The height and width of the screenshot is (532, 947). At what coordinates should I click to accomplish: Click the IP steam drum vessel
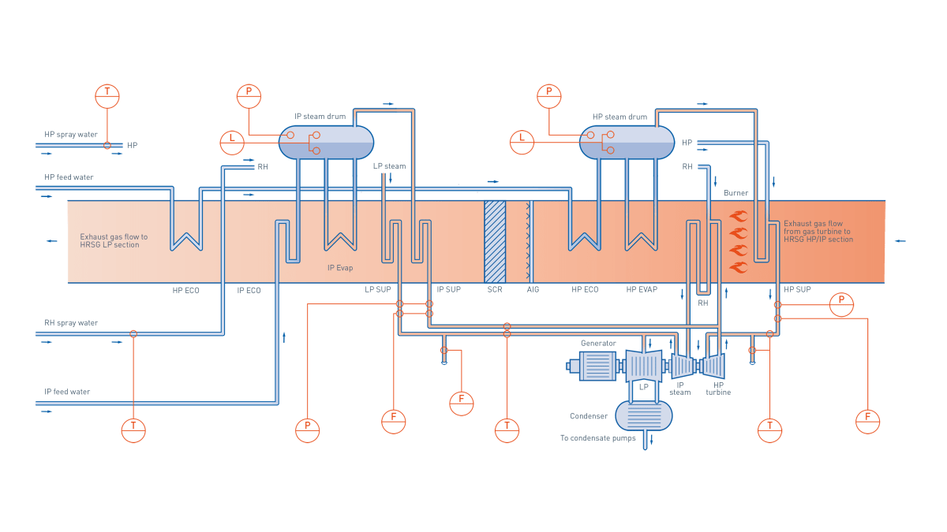[326, 143]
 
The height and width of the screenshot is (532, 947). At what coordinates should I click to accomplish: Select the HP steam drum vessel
[627, 143]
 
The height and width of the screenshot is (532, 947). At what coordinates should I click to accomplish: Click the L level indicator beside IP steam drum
[232, 142]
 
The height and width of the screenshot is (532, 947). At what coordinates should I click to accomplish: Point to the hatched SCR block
[495, 241]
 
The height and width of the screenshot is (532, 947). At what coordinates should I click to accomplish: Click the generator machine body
[597, 366]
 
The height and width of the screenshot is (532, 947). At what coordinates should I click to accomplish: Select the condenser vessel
[643, 415]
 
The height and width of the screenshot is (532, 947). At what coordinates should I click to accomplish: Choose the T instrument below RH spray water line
[133, 430]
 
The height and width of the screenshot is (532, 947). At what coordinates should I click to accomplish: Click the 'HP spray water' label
[71, 135]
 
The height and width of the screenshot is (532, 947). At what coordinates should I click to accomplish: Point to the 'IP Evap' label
[340, 268]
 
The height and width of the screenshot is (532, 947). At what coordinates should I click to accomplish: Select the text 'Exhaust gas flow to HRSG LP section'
[114, 240]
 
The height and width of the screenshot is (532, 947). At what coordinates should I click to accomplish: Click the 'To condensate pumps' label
[598, 438]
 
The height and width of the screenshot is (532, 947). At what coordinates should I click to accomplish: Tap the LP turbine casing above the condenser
[644, 366]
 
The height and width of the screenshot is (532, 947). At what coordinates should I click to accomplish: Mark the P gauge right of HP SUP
[841, 304]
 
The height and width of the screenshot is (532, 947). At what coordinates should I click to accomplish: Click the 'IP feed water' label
[68, 392]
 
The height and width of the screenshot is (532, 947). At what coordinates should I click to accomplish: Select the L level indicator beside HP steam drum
[522, 142]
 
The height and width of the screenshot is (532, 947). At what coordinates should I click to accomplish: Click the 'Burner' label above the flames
[735, 192]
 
